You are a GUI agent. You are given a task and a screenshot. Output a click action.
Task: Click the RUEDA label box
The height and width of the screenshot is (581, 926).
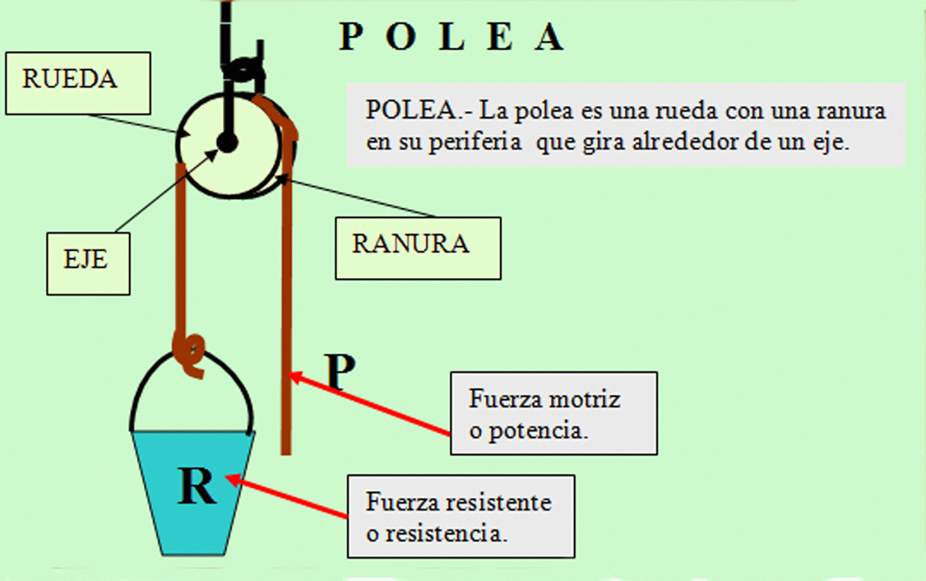pos(78,83)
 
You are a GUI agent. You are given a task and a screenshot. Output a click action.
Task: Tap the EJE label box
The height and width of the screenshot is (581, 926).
pos(88,263)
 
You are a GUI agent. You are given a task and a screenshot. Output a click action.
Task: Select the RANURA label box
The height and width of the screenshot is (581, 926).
pos(418,248)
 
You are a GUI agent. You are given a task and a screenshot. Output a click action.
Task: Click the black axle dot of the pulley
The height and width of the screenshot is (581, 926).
pos(227,142)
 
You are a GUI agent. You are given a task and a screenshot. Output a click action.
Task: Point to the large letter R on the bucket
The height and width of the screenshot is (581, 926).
pos(197,486)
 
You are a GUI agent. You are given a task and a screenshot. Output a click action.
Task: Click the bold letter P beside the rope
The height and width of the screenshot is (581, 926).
pos(341,371)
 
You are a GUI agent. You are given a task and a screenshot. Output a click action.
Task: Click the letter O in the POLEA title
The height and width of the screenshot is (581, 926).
pos(400,37)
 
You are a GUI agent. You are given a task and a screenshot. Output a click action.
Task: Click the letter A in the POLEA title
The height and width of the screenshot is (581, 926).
pos(549,37)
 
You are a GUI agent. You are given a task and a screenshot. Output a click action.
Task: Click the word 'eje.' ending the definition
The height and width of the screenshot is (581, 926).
pos(831,142)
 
